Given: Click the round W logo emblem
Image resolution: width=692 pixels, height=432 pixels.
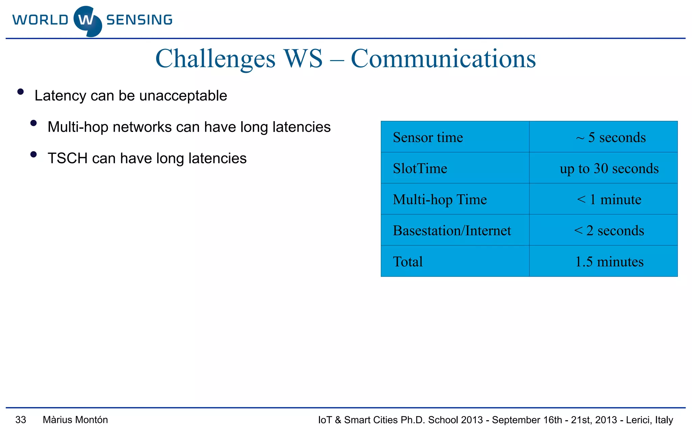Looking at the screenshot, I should tap(88, 21).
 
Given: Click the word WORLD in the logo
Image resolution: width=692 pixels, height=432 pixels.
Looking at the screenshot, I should tap(40, 20).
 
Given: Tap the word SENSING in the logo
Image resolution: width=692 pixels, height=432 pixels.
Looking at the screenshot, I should tap(139, 20).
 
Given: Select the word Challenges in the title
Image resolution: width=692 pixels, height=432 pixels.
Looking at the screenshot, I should tap(215, 59).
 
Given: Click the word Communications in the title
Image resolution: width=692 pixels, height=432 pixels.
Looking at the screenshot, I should tap(443, 59).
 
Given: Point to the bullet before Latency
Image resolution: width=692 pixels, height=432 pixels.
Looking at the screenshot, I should tap(21, 92).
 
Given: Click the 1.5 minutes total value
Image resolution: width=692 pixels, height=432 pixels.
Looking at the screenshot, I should tap(609, 262).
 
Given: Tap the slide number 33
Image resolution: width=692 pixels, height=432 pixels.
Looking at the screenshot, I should tap(21, 420).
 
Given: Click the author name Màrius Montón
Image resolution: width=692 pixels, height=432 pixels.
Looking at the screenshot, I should tap(75, 420).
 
